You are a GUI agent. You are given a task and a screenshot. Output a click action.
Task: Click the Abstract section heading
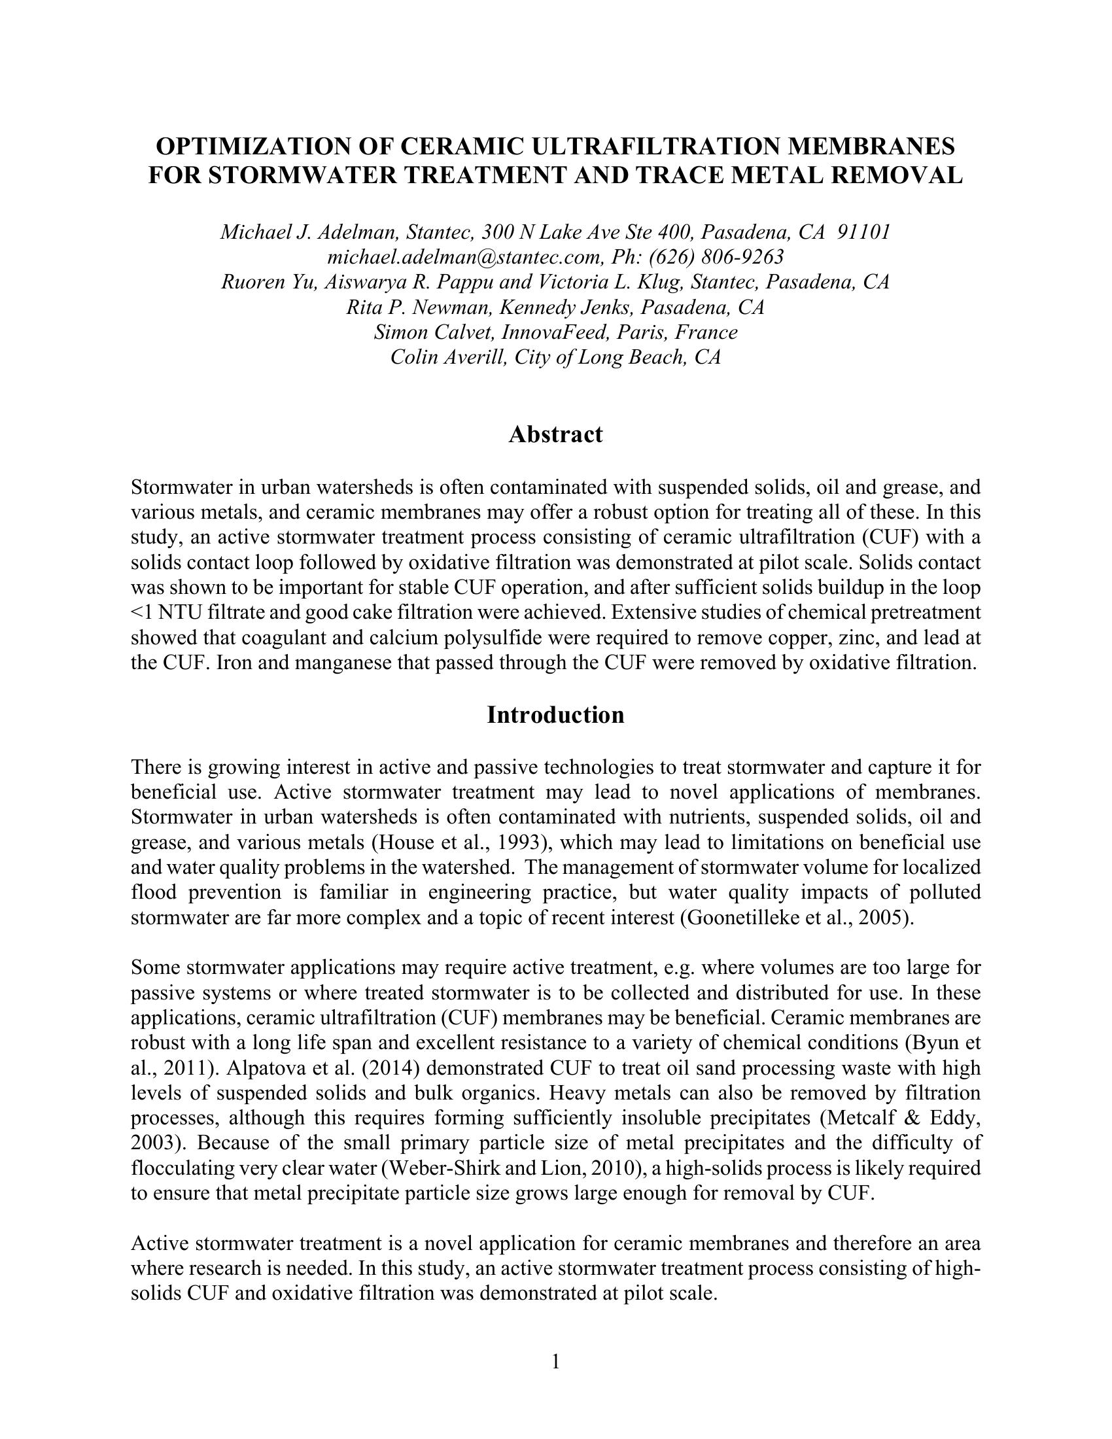(x=555, y=435)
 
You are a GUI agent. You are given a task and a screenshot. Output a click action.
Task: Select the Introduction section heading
(x=555, y=715)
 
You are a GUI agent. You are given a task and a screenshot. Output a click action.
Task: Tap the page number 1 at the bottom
(x=555, y=1361)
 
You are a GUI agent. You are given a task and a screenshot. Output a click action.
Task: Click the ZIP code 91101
(x=863, y=232)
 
